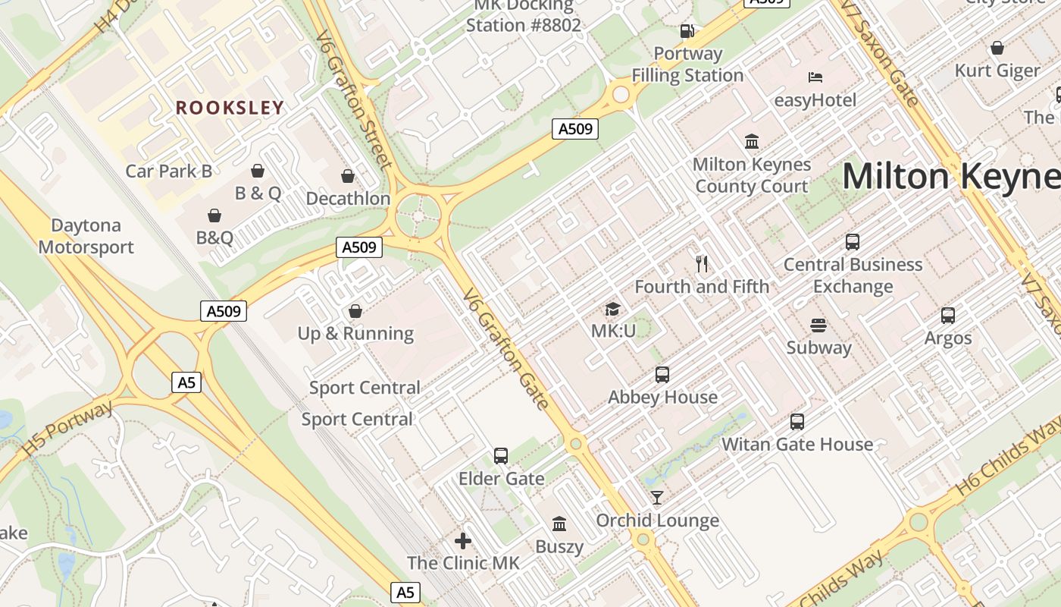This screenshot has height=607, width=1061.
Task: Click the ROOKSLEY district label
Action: pyautogui.click(x=230, y=108)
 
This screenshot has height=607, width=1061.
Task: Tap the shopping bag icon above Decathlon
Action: pyautogui.click(x=348, y=177)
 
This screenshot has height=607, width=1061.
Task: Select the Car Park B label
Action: pyautogui.click(x=168, y=171)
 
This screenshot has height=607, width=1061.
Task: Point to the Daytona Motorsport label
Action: pyautogui.click(x=86, y=236)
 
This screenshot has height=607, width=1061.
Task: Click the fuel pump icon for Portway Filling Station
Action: pyautogui.click(x=687, y=31)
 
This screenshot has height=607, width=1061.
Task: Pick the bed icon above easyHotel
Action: pyautogui.click(x=815, y=77)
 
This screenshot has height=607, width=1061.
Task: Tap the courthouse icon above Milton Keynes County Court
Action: pyautogui.click(x=752, y=141)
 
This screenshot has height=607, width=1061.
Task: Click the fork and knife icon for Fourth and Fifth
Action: pyautogui.click(x=702, y=264)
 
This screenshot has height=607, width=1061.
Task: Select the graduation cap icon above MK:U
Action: pyautogui.click(x=612, y=309)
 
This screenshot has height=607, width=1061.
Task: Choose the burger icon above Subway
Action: pyautogui.click(x=818, y=326)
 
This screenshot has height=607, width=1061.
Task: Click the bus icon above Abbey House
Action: pyautogui.click(x=662, y=375)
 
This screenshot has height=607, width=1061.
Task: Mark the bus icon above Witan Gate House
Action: pyautogui.click(x=797, y=422)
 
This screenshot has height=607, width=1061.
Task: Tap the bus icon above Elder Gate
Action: pyautogui.click(x=501, y=456)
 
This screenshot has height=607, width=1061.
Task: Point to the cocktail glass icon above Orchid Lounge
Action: pyautogui.click(x=657, y=498)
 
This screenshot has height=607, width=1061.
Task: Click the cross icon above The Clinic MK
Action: pyautogui.click(x=463, y=541)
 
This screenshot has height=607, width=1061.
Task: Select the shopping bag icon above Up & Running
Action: pyautogui.click(x=355, y=311)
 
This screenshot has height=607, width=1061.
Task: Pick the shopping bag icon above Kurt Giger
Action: pyautogui.click(x=997, y=48)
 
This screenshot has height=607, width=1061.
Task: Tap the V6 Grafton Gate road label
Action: pyautogui.click(x=505, y=348)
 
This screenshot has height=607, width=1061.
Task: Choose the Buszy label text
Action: pyautogui.click(x=559, y=546)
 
